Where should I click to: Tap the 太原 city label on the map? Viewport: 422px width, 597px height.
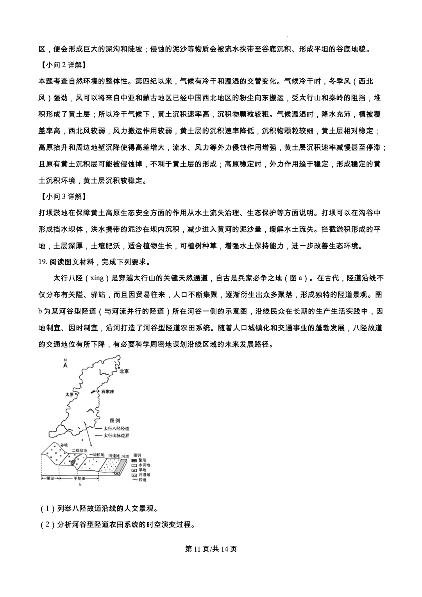(70, 394)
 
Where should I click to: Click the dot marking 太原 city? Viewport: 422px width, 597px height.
(77, 394)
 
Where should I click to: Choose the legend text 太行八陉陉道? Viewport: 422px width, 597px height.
(116, 428)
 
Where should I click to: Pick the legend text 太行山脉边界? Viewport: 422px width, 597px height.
(116, 435)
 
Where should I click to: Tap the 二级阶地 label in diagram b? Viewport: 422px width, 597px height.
(79, 450)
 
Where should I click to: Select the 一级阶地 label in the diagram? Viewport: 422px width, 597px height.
(97, 455)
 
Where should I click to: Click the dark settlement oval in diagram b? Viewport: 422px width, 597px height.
(73, 462)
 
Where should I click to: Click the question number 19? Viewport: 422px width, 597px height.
(43, 262)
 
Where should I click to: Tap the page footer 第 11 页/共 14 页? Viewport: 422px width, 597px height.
(211, 549)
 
